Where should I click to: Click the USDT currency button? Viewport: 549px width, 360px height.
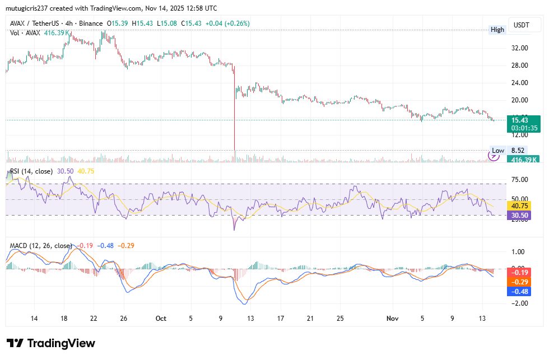522,25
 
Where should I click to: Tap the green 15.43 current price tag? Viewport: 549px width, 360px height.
523,119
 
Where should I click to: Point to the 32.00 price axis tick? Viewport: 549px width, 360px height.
520,48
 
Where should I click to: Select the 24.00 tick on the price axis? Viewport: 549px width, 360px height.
520,83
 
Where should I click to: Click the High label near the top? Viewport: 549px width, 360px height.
497,30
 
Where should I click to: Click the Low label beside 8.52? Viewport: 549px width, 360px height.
497,151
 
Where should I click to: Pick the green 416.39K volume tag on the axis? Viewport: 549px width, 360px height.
523,160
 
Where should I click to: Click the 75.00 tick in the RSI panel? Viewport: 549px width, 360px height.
520,180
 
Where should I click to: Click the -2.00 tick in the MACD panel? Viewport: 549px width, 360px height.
520,303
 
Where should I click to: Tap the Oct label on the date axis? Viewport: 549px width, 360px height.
161,319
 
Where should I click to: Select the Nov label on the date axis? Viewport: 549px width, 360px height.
392,319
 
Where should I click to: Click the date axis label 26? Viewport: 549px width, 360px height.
124,319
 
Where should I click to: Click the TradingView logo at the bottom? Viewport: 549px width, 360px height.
51,343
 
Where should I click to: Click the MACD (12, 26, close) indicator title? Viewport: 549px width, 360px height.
41,245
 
